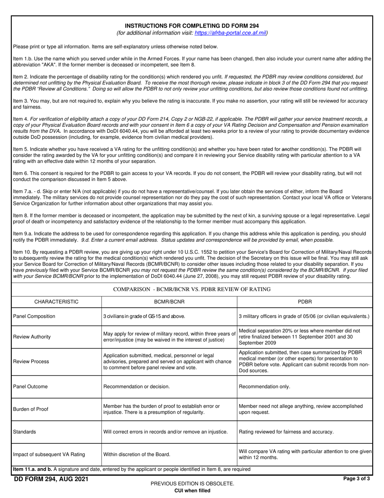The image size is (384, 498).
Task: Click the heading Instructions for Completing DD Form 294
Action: tap(192, 26)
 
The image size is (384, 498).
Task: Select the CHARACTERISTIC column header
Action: tap(56, 302)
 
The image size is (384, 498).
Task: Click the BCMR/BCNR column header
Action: tap(169, 302)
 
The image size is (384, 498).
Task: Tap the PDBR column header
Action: tap(304, 302)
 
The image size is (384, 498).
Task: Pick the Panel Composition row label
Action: tap(34, 316)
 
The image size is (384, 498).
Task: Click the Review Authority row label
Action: tap(32, 336)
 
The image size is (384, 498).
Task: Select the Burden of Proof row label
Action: tap(31, 409)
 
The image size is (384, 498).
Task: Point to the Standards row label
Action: tap(24, 432)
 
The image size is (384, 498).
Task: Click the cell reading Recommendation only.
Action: tap(264, 387)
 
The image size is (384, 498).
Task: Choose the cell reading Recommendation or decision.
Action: tap(137, 387)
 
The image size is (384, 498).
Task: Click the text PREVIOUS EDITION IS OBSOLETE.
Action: tap(192, 483)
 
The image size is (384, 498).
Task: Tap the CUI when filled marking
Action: tap(192, 491)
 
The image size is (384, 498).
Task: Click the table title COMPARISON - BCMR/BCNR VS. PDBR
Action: tap(192, 289)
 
